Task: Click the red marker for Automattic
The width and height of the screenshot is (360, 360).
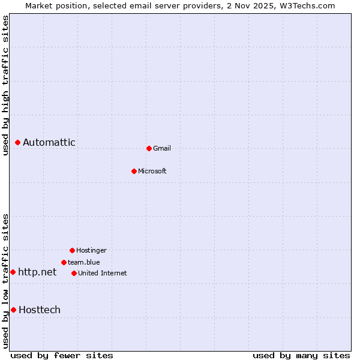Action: pyautogui.click(x=18, y=142)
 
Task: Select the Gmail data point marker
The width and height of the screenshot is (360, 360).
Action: pyautogui.click(x=149, y=148)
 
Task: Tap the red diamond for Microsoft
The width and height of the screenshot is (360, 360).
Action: pyautogui.click(x=134, y=171)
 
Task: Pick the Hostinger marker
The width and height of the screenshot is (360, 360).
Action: pyautogui.click(x=72, y=250)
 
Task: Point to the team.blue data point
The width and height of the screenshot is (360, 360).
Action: pyautogui.click(x=64, y=262)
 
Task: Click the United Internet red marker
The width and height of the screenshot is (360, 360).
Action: pyautogui.click(x=74, y=273)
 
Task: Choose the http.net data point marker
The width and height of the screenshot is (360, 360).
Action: pyautogui.click(x=13, y=272)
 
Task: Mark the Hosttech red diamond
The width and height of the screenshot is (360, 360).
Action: pyautogui.click(x=13, y=310)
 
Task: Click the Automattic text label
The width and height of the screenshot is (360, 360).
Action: pyautogui.click(x=49, y=142)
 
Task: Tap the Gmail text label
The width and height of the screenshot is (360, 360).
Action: pyautogui.click(x=162, y=148)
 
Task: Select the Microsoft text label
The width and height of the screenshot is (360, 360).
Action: pyautogui.click(x=152, y=171)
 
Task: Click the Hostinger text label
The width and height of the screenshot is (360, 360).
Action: pyautogui.click(x=91, y=250)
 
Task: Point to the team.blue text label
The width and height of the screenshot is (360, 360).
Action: pyautogui.click(x=84, y=262)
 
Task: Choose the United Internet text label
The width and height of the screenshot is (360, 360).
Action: pyautogui.click(x=103, y=273)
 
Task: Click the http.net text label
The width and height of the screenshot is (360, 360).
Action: pyautogui.click(x=37, y=272)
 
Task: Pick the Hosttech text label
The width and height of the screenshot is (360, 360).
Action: pyautogui.click(x=40, y=310)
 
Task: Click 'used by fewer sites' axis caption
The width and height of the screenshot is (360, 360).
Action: pyautogui.click(x=62, y=355)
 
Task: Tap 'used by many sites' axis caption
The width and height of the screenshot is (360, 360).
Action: pyautogui.click(x=301, y=355)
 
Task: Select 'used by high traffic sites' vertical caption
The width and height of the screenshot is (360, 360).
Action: pyautogui.click(x=5, y=85)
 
